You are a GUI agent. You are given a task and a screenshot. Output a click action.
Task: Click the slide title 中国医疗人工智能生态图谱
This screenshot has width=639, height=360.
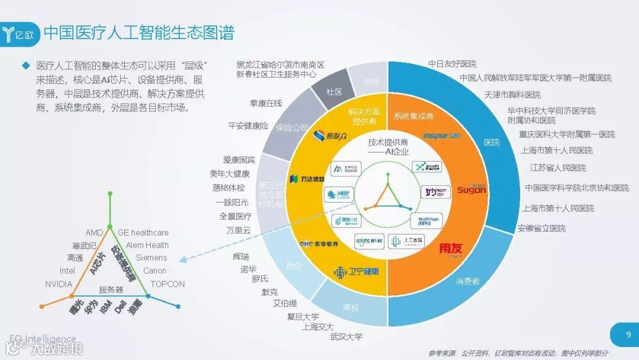pyautogui.click(x=138, y=32)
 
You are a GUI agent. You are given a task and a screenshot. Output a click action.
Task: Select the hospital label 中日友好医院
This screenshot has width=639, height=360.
pyautogui.click(x=452, y=64)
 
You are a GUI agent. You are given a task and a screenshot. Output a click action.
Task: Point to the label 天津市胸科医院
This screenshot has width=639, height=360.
pyautogui.click(x=512, y=95)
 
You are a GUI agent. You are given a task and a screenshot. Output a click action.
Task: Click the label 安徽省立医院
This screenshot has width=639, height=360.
pyautogui.click(x=541, y=228)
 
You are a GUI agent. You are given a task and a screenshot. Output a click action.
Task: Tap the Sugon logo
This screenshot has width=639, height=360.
pyautogui.click(x=472, y=189)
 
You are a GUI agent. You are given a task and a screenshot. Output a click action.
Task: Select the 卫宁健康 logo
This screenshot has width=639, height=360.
pyautogui.click(x=356, y=272)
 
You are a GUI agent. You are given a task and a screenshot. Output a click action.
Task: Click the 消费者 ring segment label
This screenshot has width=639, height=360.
pyautogui.click(x=467, y=281)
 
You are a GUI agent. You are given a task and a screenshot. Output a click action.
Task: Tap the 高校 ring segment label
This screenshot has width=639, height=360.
pyautogui.click(x=351, y=308)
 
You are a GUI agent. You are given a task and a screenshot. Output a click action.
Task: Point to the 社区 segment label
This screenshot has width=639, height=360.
pyautogui.click(x=335, y=92)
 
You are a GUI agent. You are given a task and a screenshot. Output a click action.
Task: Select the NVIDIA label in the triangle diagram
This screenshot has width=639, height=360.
pyautogui.click(x=59, y=284)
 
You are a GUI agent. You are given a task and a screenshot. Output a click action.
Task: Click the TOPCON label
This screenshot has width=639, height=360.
pyautogui.click(x=167, y=284)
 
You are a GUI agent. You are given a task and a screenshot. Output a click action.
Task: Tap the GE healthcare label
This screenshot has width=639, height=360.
pyautogui.click(x=143, y=233)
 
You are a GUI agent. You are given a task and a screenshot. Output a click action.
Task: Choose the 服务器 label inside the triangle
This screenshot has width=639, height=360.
pyautogui.click(x=111, y=290)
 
